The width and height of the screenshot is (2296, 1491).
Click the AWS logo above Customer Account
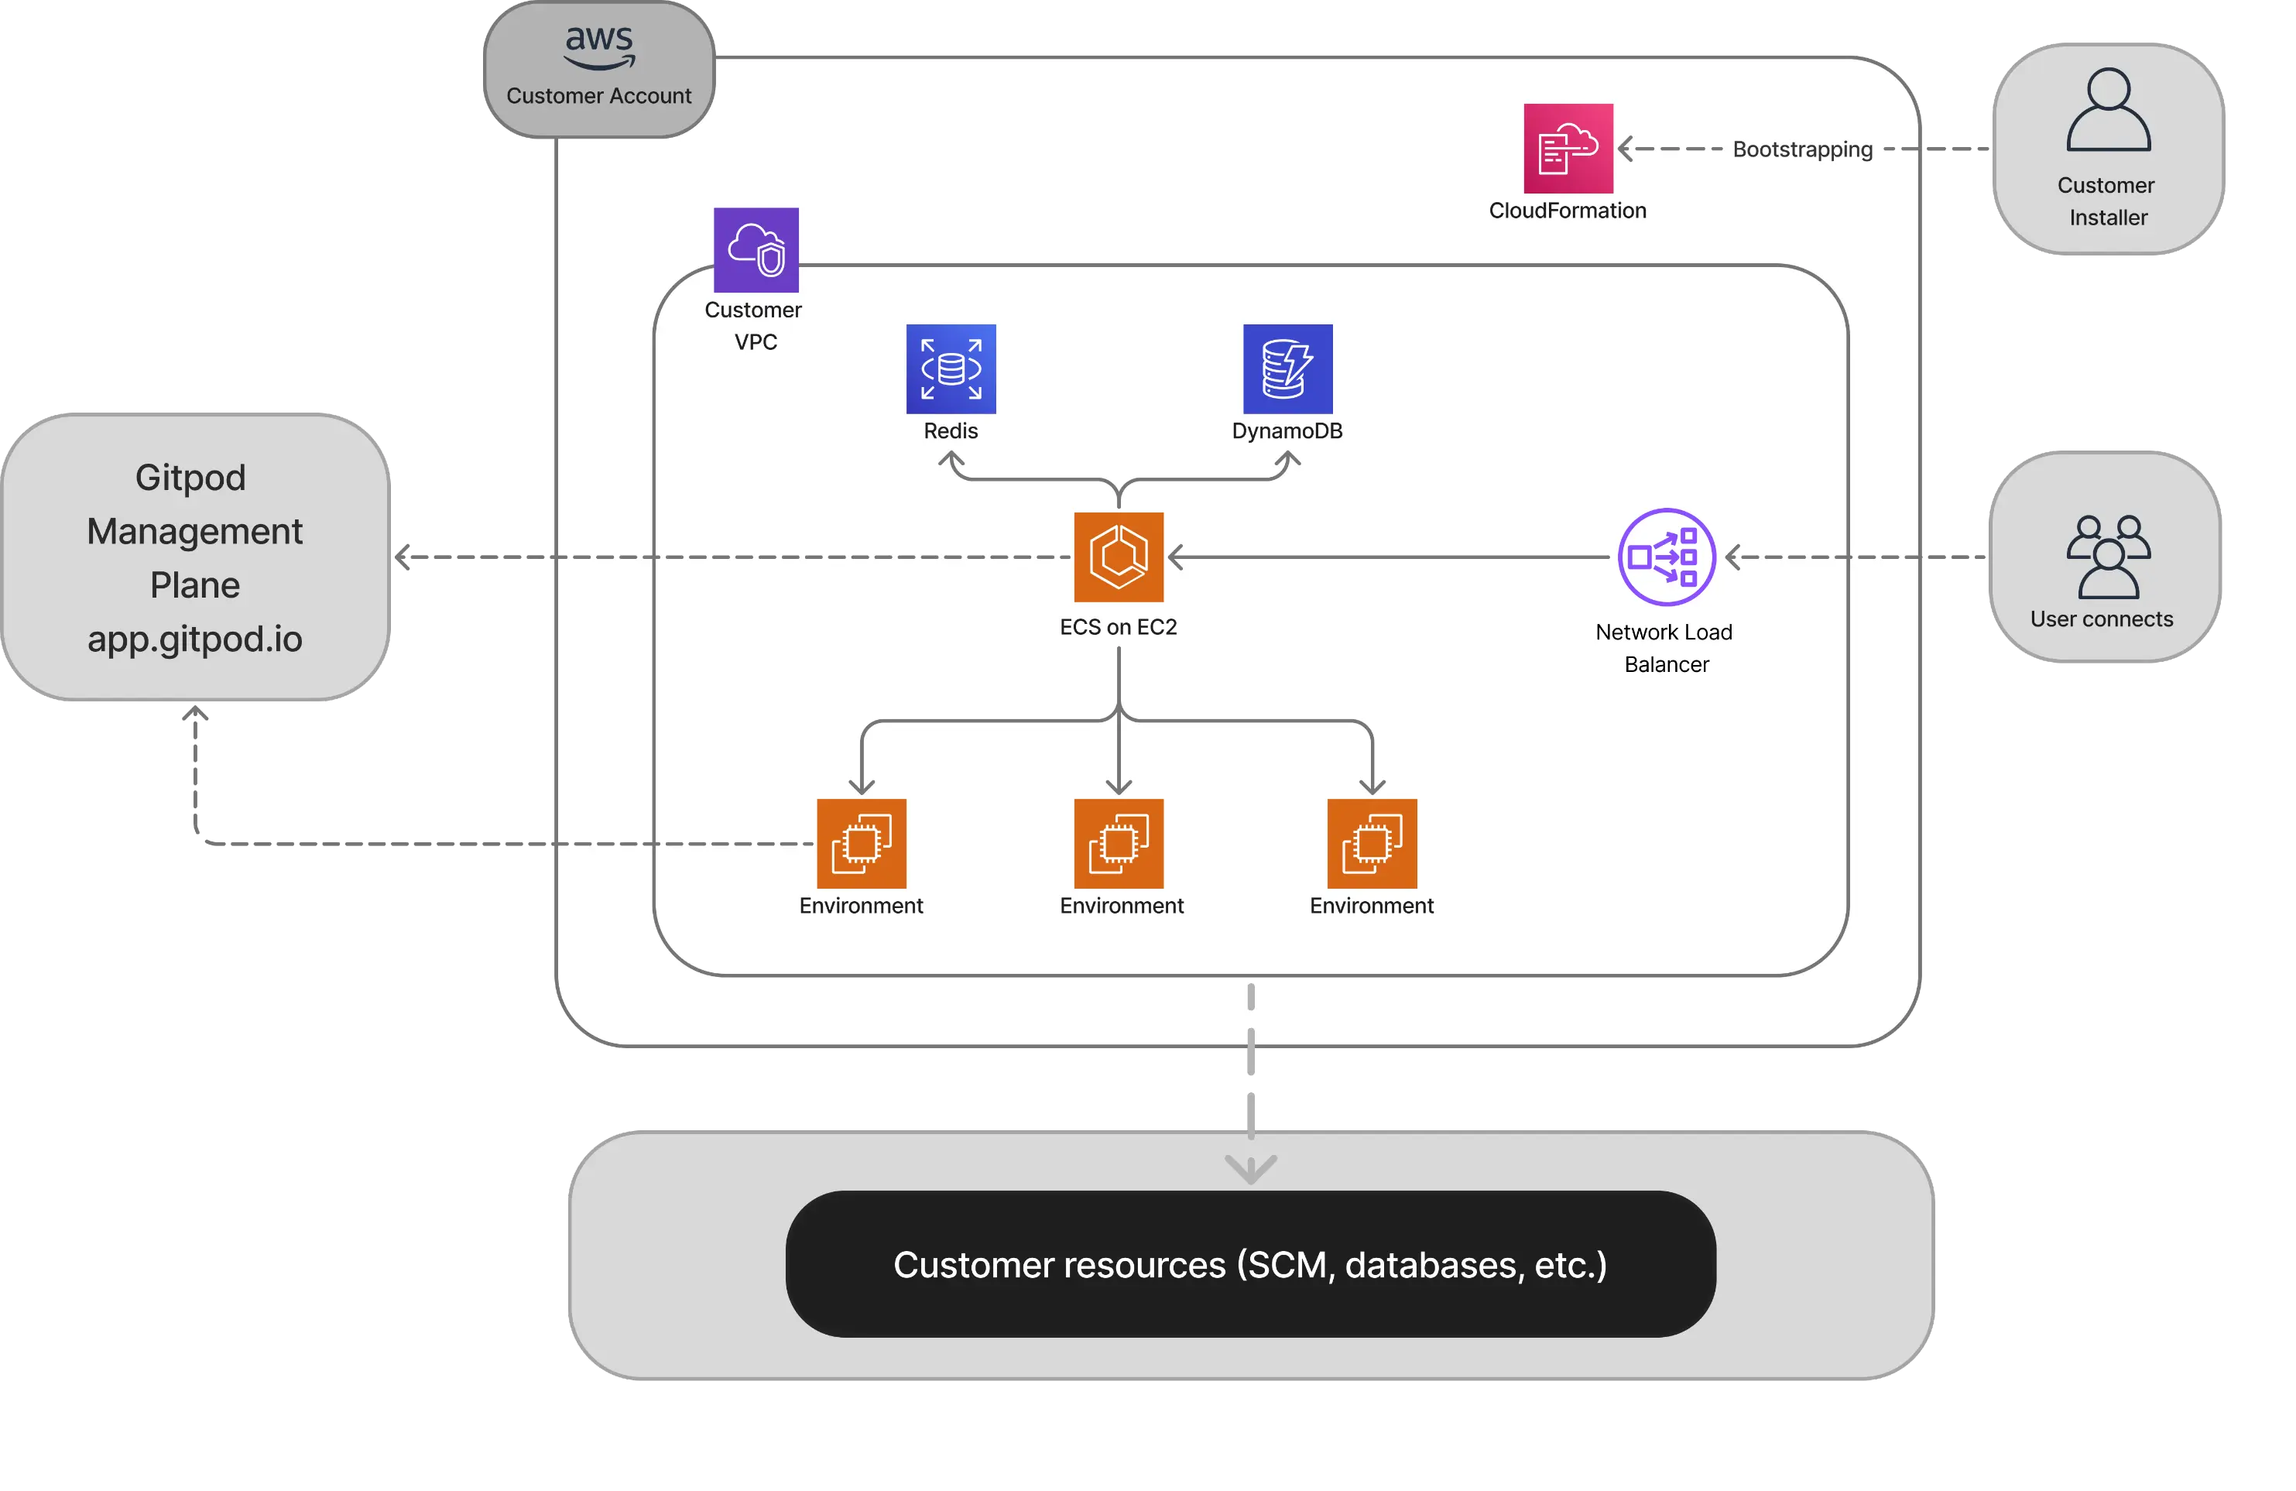click(599, 46)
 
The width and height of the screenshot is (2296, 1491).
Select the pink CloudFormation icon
click(1568, 149)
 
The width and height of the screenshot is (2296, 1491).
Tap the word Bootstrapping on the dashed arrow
click(1802, 149)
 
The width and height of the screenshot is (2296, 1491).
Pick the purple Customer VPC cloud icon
click(756, 250)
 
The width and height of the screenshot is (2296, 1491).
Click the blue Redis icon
click(951, 368)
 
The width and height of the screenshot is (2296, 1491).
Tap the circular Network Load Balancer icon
click(1666, 557)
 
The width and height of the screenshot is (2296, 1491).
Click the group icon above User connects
click(2108, 557)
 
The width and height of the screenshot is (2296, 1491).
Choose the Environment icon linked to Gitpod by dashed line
click(862, 844)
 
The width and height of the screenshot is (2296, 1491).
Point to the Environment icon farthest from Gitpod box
click(1372, 844)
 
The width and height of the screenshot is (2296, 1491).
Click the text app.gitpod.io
click(195, 639)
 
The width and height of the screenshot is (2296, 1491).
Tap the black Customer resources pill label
click(1250, 1264)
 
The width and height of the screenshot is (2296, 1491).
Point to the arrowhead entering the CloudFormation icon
click(1626, 149)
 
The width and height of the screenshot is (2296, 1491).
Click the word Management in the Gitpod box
click(195, 532)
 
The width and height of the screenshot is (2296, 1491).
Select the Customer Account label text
click(599, 97)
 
